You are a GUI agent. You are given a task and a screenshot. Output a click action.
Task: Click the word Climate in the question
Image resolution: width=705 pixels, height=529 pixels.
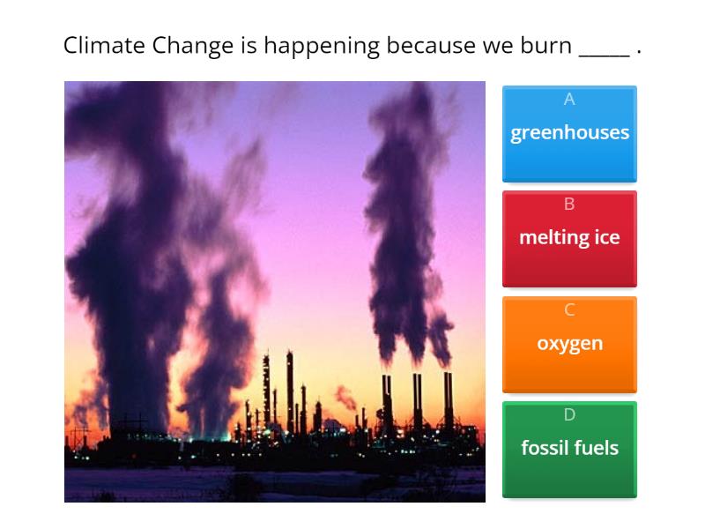coord(104,46)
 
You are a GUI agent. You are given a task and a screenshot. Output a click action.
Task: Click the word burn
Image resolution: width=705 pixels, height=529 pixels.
coord(545,46)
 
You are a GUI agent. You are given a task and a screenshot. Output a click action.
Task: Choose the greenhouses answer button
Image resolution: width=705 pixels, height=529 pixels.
coord(569,133)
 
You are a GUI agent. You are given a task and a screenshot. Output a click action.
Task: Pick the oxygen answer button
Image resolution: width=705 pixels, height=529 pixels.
coord(569,344)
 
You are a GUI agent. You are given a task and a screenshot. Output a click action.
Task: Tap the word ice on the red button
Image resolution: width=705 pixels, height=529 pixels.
coord(606,237)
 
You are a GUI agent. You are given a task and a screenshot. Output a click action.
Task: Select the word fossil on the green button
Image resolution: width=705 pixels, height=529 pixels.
coord(544,448)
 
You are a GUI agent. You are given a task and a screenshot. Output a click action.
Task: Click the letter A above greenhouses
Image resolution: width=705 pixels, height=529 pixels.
coord(569,100)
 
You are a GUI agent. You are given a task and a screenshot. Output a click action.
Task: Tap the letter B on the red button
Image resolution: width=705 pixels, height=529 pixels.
coord(569,205)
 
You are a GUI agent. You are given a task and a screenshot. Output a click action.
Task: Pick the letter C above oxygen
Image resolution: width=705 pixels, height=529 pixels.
coord(569,309)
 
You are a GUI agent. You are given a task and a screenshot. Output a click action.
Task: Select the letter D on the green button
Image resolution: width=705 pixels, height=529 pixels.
coord(569,414)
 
